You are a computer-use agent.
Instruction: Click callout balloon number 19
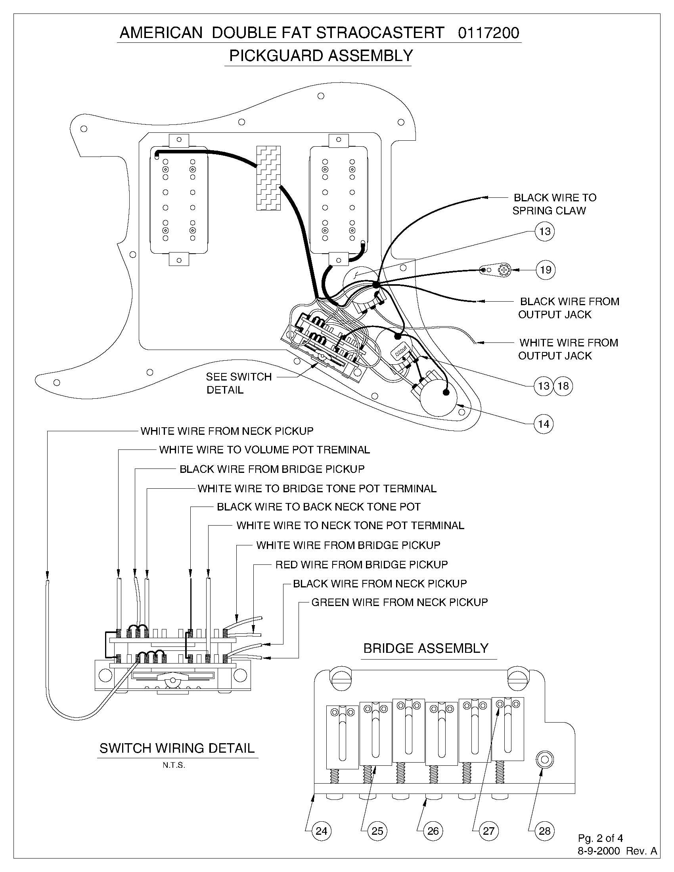tap(545, 270)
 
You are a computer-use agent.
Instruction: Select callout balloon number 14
tap(544, 424)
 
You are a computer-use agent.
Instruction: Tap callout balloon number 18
tap(563, 386)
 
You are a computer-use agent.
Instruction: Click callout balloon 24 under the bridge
tap(321, 831)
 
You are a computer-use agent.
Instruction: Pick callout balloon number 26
tap(433, 831)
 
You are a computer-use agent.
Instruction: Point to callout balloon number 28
tap(544, 831)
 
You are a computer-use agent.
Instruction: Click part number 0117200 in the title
tap(488, 33)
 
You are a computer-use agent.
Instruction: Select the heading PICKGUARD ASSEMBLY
tap(321, 55)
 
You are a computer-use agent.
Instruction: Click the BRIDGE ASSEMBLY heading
tap(426, 648)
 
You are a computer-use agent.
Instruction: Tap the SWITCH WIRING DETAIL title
tap(177, 748)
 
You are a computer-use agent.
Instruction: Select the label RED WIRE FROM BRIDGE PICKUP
tap(361, 564)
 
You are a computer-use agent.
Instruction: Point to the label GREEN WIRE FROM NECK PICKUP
tap(399, 602)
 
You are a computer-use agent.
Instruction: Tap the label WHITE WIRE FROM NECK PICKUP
tap(227, 431)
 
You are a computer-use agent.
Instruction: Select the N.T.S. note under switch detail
tap(174, 765)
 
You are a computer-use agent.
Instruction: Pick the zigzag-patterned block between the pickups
tap(268, 178)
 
